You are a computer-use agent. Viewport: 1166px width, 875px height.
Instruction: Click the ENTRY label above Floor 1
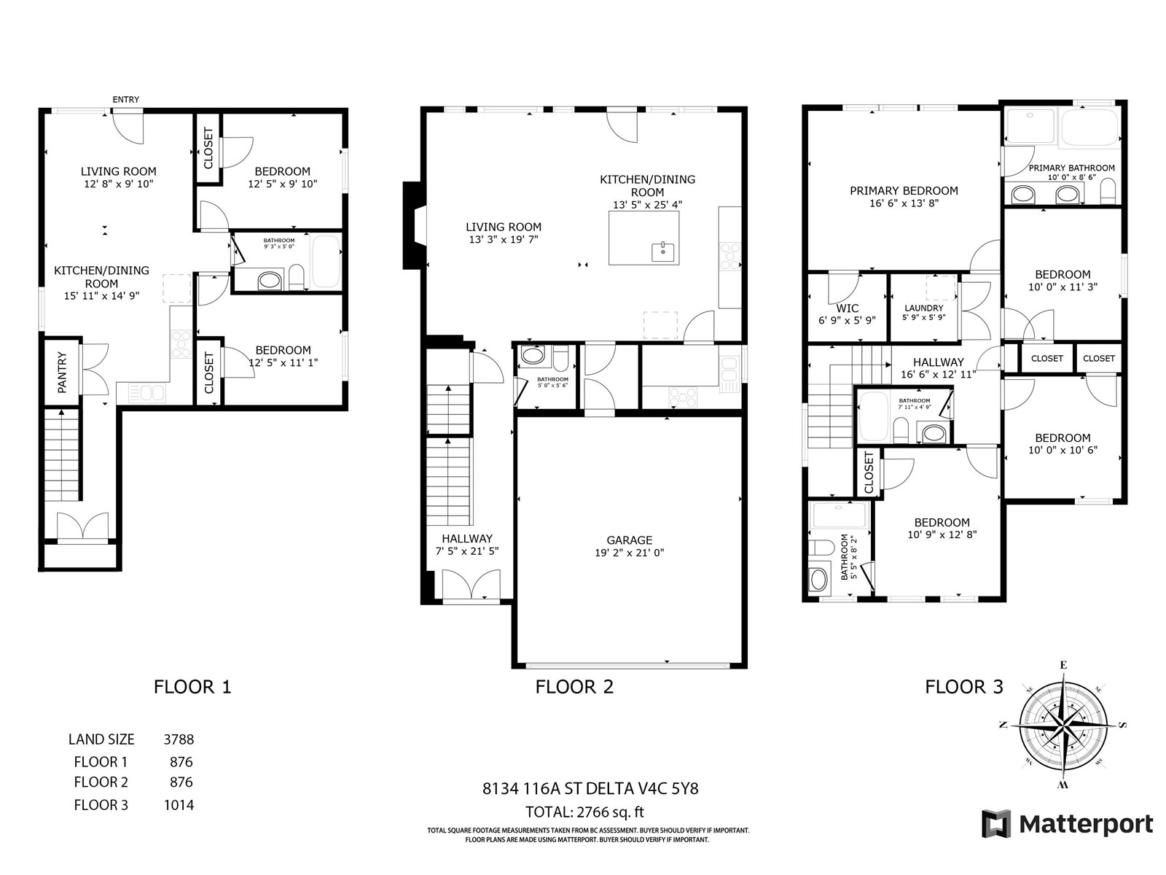click(x=126, y=99)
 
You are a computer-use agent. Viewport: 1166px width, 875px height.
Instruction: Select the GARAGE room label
click(x=629, y=540)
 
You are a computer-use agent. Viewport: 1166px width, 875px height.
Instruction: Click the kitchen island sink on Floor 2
click(x=662, y=252)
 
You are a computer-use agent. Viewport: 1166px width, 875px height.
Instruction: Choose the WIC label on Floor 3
click(x=848, y=308)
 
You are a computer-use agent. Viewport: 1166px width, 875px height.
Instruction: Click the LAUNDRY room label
click(x=924, y=308)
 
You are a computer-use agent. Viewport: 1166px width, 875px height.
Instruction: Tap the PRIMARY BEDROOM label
click(x=904, y=191)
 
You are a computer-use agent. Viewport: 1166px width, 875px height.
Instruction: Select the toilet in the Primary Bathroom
click(x=1108, y=191)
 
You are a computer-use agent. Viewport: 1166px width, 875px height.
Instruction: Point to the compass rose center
click(x=1063, y=725)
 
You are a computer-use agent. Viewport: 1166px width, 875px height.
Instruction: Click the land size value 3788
click(x=179, y=739)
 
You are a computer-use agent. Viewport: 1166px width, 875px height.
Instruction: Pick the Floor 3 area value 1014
click(x=179, y=806)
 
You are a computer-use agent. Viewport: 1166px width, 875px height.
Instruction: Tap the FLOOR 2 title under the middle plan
click(x=574, y=687)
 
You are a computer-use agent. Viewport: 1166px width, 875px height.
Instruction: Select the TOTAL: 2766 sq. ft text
click(x=584, y=812)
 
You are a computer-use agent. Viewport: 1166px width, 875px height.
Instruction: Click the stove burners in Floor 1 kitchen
click(x=181, y=344)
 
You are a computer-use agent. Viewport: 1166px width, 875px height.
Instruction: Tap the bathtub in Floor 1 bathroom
click(x=325, y=262)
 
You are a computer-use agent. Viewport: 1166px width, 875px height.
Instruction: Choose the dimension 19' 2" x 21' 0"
click(x=629, y=553)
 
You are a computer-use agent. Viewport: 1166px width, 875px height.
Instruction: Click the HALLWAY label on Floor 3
click(x=938, y=362)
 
